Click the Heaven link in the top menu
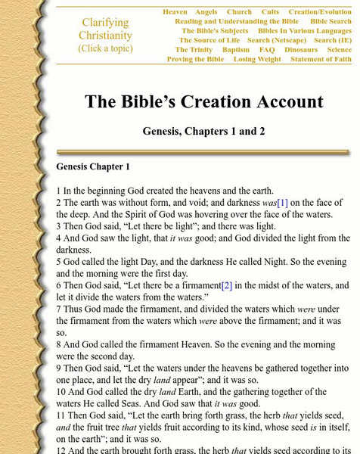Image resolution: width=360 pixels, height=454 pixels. pyautogui.click(x=175, y=12)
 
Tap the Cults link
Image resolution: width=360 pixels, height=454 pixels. pyautogui.click(x=270, y=12)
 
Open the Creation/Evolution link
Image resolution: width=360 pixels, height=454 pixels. pyautogui.click(x=319, y=12)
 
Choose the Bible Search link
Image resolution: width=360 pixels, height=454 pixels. pyautogui.click(x=330, y=22)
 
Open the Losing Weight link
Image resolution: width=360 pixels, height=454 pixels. pyautogui.click(x=256, y=59)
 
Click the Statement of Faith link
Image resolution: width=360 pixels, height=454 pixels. pyautogui.click(x=321, y=59)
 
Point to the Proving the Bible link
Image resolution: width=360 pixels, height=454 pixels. pyautogui.click(x=194, y=59)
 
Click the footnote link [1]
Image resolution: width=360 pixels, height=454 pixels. pyautogui.click(x=283, y=202)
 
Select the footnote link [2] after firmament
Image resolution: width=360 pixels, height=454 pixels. pyautogui.click(x=225, y=285)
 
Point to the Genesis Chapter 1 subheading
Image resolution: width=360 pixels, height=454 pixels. pyautogui.click(x=93, y=166)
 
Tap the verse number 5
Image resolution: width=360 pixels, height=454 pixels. pyautogui.click(x=59, y=258)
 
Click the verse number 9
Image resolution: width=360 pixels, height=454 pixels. pyautogui.click(x=59, y=368)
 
